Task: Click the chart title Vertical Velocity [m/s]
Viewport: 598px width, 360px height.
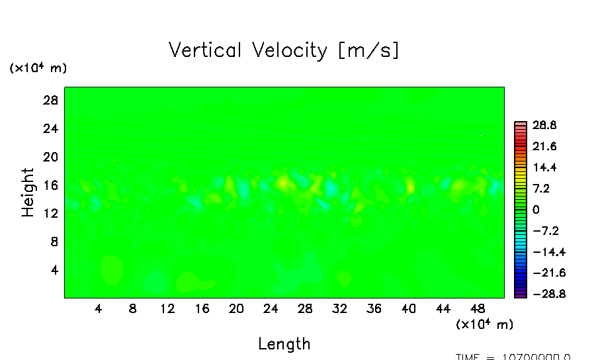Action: click(x=284, y=50)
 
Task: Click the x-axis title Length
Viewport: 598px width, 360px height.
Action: click(x=284, y=343)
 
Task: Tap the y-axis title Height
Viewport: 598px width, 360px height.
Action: click(x=28, y=193)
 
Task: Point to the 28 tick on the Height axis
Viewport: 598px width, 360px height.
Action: click(x=52, y=101)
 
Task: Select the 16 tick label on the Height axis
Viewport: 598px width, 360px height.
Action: click(x=52, y=185)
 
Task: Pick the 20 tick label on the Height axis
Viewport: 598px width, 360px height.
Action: click(x=52, y=157)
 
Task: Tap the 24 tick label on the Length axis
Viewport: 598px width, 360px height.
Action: click(x=271, y=308)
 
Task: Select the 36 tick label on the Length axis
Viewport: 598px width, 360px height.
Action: click(x=374, y=308)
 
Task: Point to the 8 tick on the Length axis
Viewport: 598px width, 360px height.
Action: click(x=133, y=308)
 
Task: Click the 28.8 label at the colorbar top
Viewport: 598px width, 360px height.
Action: click(x=544, y=125)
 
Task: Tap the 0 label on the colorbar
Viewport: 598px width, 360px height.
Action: click(x=536, y=210)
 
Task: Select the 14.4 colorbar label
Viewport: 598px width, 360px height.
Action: click(x=544, y=167)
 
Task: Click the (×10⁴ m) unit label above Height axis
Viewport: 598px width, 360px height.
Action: click(x=38, y=68)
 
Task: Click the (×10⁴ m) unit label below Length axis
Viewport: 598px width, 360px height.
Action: click(x=484, y=324)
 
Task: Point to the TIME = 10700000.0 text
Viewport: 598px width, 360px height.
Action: click(x=513, y=357)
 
